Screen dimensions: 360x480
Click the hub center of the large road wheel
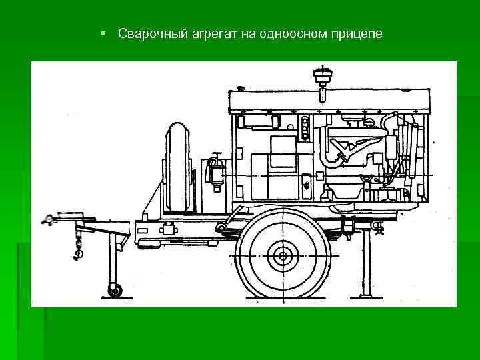(283, 256)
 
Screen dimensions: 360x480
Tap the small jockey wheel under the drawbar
(115, 290)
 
